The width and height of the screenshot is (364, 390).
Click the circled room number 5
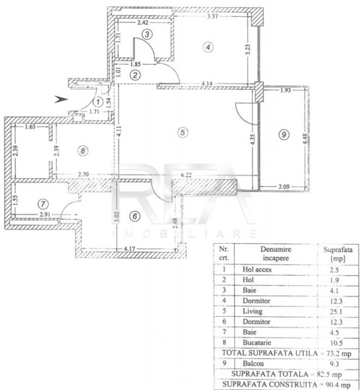[183, 133]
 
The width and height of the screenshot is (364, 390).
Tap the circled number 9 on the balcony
[284, 135]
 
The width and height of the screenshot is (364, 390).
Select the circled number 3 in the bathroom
[147, 34]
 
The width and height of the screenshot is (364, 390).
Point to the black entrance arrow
[61, 99]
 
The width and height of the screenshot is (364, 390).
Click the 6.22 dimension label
[186, 175]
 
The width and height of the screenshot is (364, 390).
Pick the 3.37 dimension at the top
[212, 16]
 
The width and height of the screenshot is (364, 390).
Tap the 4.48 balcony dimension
[305, 139]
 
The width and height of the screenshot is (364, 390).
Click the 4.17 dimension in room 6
[129, 248]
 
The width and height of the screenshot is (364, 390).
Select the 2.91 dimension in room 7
[45, 214]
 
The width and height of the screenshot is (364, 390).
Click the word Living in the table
[252, 311]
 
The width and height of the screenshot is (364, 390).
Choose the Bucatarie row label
[256, 342]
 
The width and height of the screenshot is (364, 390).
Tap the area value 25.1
[336, 312]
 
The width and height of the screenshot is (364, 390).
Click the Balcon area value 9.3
[335, 364]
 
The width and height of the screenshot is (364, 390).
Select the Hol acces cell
[257, 269]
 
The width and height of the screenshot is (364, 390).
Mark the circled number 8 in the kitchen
[83, 150]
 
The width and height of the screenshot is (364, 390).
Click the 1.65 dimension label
[30, 126]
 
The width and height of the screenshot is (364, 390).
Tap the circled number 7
[43, 204]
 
